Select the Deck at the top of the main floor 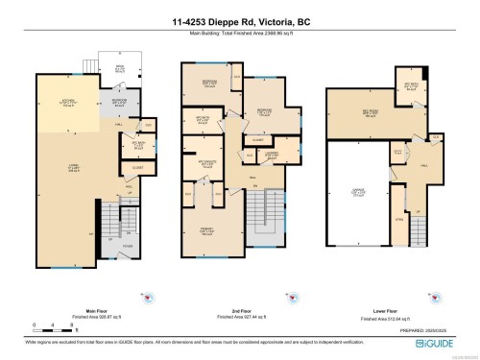(x=120, y=70)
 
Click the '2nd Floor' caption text (x=239, y=309)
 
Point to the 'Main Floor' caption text (x=94, y=309)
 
